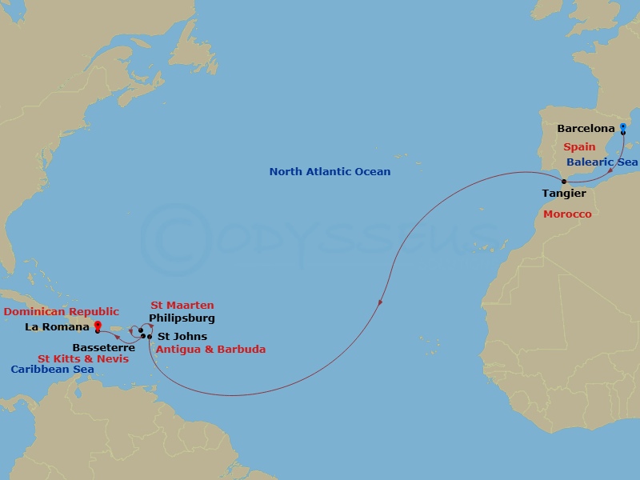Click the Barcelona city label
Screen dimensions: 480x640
pyautogui.click(x=586, y=128)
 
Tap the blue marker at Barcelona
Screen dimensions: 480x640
pyautogui.click(x=623, y=126)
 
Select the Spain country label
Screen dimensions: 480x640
pyautogui.click(x=578, y=147)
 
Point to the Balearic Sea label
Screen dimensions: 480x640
pyautogui.click(x=602, y=162)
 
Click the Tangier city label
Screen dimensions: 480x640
pyautogui.click(x=563, y=194)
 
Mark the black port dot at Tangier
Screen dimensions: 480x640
pyautogui.click(x=563, y=182)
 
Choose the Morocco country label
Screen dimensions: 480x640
pyautogui.click(x=567, y=214)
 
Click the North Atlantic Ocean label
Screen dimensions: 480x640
pyautogui.click(x=330, y=172)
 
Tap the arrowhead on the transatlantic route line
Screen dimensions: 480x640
pyautogui.click(x=380, y=302)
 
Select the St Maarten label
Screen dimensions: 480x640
pyautogui.click(x=182, y=306)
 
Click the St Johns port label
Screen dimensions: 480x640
pyautogui.click(x=182, y=337)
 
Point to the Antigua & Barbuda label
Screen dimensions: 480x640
pyautogui.click(x=210, y=350)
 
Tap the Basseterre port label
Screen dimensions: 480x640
pyautogui.click(x=98, y=348)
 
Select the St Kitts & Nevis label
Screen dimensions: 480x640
pyautogui.click(x=83, y=359)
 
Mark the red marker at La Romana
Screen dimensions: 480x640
pyautogui.click(x=98, y=326)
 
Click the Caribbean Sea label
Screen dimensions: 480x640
pyautogui.click(x=52, y=370)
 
